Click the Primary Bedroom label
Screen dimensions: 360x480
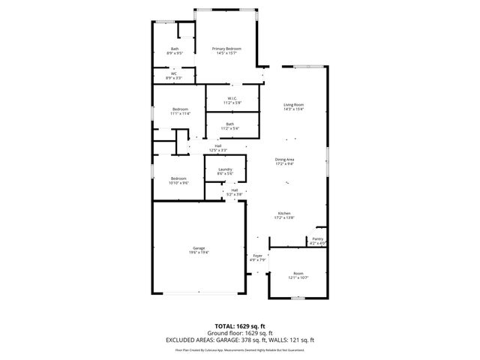(x=227, y=49)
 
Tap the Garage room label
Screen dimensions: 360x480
(x=199, y=248)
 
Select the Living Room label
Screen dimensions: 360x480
(x=293, y=104)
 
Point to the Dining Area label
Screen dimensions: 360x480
(x=284, y=159)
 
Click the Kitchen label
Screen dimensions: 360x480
(x=284, y=213)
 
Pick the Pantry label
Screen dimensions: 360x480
(x=318, y=240)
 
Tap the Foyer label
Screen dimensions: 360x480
(x=258, y=256)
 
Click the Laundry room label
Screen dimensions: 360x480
(x=225, y=169)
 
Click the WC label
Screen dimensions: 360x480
(x=173, y=73)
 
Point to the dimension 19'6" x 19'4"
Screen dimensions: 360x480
(x=199, y=253)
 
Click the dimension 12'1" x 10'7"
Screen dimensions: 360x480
(x=298, y=277)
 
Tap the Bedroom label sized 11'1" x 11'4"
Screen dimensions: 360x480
(x=180, y=109)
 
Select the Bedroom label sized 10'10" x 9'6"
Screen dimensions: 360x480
(x=178, y=178)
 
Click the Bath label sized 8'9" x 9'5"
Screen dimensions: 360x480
(x=173, y=49)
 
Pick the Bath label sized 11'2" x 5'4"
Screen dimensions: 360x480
(x=229, y=124)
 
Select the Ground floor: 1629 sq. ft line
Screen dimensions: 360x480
(x=239, y=333)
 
